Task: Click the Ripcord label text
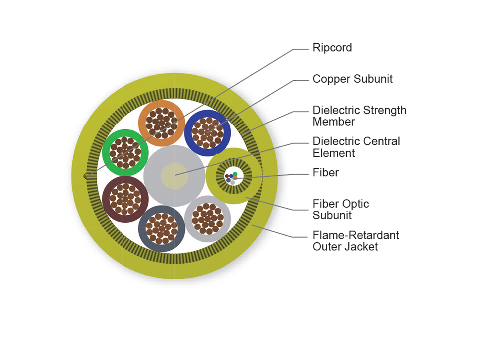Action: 332,48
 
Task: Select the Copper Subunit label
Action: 352,79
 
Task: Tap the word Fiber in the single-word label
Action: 326,172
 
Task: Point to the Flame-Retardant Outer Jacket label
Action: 356,240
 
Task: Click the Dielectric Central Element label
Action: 356,147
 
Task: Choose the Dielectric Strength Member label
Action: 359,116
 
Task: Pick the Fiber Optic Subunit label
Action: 340,209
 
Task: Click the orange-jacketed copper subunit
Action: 160,123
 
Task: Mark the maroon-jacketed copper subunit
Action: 125,199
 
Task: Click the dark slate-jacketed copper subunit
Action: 161,228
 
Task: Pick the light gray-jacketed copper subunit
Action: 207,218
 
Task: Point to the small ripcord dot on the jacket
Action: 85,176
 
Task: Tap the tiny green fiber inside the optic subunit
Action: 235,174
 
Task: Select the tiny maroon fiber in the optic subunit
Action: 227,176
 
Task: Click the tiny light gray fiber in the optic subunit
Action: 232,182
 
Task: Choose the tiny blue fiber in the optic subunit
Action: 231,176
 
